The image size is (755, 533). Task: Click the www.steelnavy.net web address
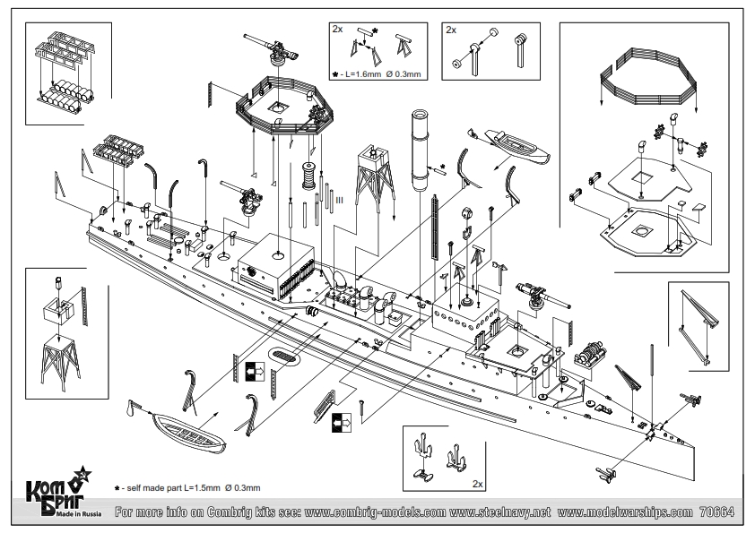click(x=499, y=512)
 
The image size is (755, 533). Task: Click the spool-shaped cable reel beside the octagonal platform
click(x=308, y=176)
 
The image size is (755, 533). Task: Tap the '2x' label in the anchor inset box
click(x=478, y=484)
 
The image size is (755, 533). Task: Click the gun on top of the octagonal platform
click(x=271, y=49)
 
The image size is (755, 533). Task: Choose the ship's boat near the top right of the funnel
click(x=516, y=144)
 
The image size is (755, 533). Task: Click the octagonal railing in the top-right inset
click(x=648, y=77)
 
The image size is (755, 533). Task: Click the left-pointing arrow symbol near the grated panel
click(x=342, y=422)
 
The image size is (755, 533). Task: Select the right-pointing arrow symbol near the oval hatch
click(x=255, y=371)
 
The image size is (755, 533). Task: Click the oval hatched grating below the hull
click(x=284, y=357)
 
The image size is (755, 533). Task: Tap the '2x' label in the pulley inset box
click(x=451, y=30)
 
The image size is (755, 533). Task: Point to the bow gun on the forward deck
click(x=541, y=294)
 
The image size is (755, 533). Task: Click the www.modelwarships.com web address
click(x=625, y=512)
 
